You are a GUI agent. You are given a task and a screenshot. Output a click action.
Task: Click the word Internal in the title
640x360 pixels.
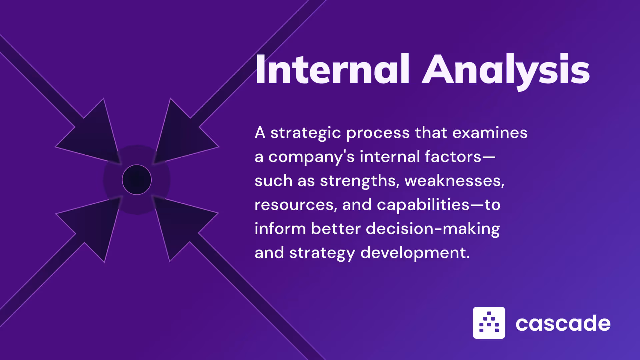click(332, 69)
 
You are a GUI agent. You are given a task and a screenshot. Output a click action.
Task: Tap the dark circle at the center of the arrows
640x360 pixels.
click(137, 180)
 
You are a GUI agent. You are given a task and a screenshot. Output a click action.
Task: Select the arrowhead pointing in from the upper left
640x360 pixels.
click(93, 133)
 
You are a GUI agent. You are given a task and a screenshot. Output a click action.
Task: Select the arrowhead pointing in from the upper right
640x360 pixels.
click(182, 133)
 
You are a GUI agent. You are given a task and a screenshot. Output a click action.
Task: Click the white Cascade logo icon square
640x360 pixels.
click(489, 323)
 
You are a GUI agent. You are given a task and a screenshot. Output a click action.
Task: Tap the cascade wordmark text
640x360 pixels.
click(563, 323)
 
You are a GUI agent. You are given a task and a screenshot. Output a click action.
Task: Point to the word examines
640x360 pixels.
click(490, 133)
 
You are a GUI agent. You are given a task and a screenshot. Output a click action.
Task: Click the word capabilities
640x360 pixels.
click(423, 205)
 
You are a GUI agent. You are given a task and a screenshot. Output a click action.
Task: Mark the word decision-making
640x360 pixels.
click(433, 229)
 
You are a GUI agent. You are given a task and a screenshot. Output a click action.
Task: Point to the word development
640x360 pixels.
click(415, 253)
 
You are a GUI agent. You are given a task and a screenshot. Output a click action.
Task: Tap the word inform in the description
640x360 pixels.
click(280, 229)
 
